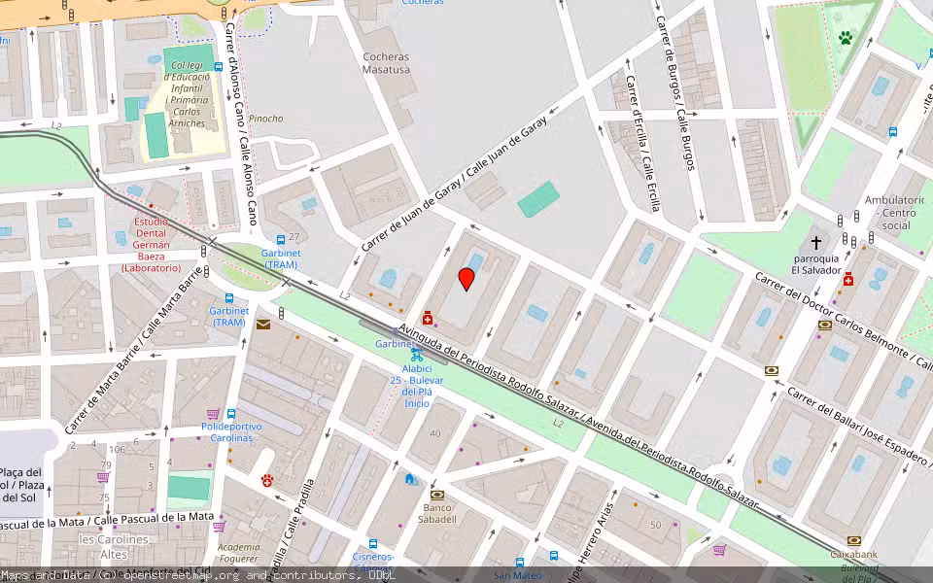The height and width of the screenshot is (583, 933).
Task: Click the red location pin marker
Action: (466, 280)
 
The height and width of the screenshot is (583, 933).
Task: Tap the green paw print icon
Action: (846, 39)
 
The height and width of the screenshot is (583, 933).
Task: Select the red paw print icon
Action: (267, 480)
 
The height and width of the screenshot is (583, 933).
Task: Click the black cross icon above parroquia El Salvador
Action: (815, 241)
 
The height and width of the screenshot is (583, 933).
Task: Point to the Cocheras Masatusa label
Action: (386, 63)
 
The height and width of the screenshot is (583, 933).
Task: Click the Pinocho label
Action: (265, 119)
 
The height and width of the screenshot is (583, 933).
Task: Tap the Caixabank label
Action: (853, 554)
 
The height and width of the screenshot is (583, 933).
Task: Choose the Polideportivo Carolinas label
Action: (227, 431)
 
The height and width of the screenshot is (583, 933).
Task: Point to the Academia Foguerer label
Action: (239, 552)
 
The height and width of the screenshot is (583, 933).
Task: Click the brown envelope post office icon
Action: (263, 325)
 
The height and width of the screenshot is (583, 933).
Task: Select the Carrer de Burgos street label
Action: (678, 92)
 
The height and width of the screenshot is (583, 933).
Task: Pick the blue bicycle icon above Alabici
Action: (416, 356)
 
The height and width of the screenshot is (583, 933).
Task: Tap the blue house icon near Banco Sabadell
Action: (410, 479)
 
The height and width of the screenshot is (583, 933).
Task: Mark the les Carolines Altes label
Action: (114, 546)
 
